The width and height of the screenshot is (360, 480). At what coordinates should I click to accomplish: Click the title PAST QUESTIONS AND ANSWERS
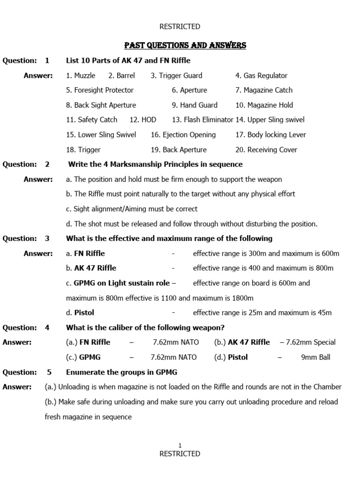point(185,45)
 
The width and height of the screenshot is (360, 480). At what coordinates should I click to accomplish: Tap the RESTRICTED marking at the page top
point(180,27)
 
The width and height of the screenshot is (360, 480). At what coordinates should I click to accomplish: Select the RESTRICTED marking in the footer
point(180,454)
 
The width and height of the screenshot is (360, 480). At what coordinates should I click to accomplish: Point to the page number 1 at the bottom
point(180,445)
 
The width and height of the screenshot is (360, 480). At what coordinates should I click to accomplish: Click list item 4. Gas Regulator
point(261,75)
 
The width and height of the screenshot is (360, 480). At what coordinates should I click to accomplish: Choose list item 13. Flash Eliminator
point(202,120)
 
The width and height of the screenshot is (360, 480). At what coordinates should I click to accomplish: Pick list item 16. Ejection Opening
point(183,135)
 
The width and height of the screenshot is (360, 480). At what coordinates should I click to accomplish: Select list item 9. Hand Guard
point(195,105)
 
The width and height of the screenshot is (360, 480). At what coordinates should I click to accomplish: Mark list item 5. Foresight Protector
point(100,90)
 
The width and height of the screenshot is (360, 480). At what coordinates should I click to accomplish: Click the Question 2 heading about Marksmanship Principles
point(155,164)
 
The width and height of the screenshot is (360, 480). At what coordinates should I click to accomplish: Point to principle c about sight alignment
point(132,209)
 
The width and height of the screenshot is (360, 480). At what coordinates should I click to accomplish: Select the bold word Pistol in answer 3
point(84,313)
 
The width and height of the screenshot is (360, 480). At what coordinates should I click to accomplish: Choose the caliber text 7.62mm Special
point(308,342)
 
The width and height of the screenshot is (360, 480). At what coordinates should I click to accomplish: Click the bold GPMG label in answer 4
point(90,357)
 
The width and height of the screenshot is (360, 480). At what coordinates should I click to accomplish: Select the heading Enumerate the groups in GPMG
point(121,372)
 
